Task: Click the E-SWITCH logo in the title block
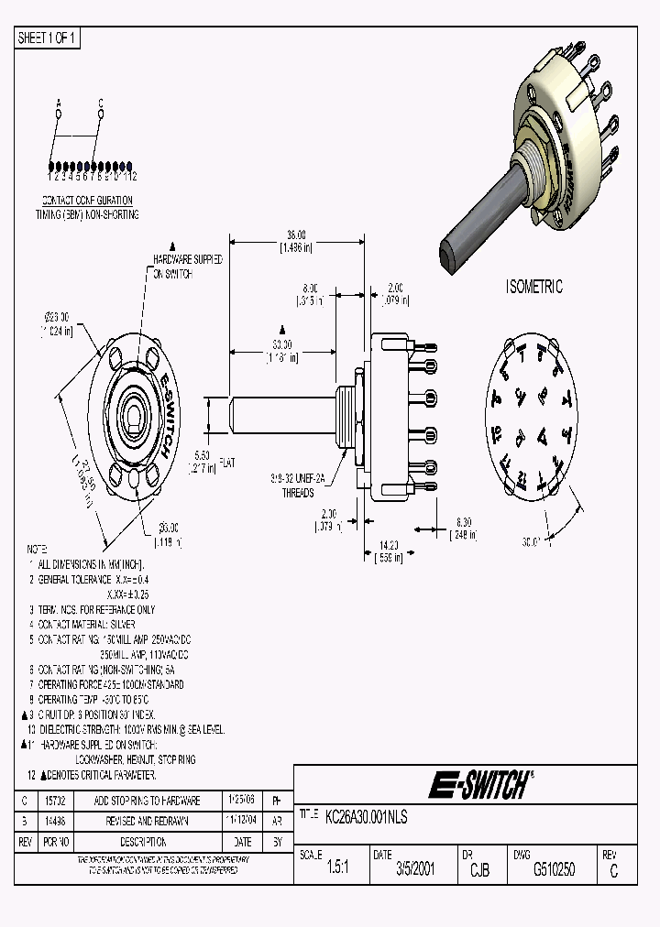coord(479,785)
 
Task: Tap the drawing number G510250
coord(554,870)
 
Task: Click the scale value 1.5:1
coord(337,870)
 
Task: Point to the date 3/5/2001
coord(414,870)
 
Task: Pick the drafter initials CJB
coord(478,870)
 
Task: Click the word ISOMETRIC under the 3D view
coord(534,287)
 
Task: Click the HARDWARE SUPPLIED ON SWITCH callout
coord(188,267)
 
